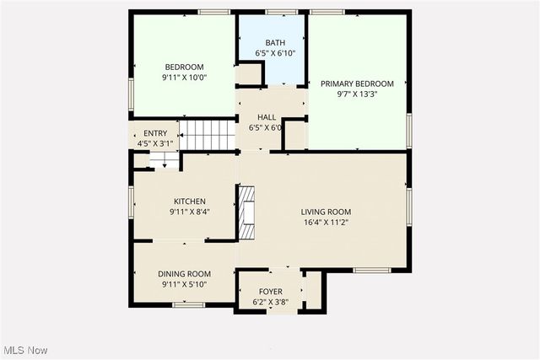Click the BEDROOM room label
click(x=184, y=67)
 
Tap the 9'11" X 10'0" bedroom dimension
click(x=184, y=78)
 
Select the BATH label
click(x=275, y=43)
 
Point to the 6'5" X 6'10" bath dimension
click(x=275, y=54)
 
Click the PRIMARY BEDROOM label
click(x=357, y=83)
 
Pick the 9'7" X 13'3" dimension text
click(x=357, y=94)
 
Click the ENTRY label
click(x=155, y=133)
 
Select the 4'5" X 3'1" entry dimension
click(x=155, y=144)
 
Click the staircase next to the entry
click(x=208, y=134)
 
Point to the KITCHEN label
click(x=189, y=201)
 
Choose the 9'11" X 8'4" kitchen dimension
click(x=189, y=212)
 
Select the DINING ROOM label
click(x=184, y=274)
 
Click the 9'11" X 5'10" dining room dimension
click(x=184, y=285)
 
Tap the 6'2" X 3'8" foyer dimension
click(x=270, y=302)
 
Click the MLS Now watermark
click(x=25, y=350)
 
